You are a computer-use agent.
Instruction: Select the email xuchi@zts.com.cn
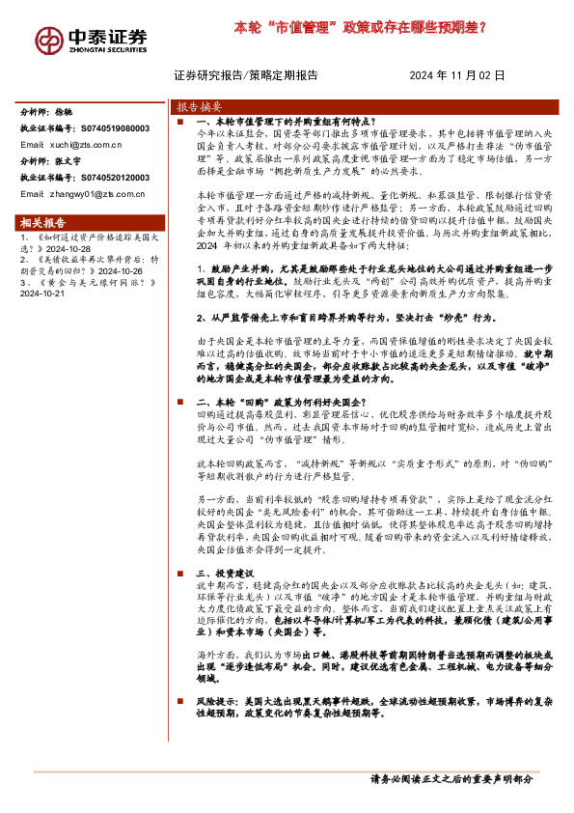pos(85,145)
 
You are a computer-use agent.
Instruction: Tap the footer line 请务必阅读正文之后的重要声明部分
pos(451,778)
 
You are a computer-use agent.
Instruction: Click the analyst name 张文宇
pos(71,161)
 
